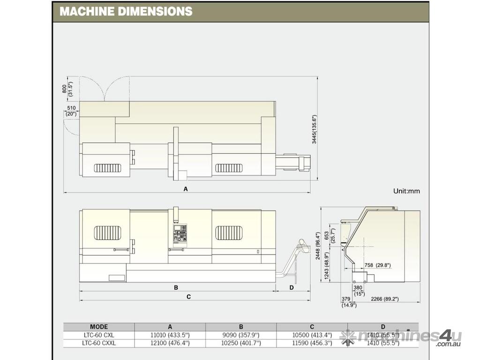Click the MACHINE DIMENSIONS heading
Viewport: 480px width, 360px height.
[x=126, y=11]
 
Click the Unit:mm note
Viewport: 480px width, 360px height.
[x=406, y=191]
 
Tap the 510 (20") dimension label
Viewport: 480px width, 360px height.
[x=71, y=111]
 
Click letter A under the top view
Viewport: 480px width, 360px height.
[x=186, y=189]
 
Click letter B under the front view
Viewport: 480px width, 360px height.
[x=176, y=287]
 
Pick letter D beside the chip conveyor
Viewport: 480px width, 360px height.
[x=292, y=287]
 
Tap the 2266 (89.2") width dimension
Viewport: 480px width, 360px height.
[x=384, y=299]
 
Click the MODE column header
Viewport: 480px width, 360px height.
[x=99, y=327]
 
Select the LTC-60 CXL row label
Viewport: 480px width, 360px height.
[x=99, y=335]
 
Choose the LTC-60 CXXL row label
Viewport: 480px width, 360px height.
[x=99, y=343]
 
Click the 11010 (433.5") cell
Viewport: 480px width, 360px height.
[x=170, y=335]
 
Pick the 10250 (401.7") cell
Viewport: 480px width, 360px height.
[x=241, y=343]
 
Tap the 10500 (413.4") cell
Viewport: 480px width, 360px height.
[x=312, y=335]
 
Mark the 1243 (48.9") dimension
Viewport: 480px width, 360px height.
[x=327, y=270]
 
